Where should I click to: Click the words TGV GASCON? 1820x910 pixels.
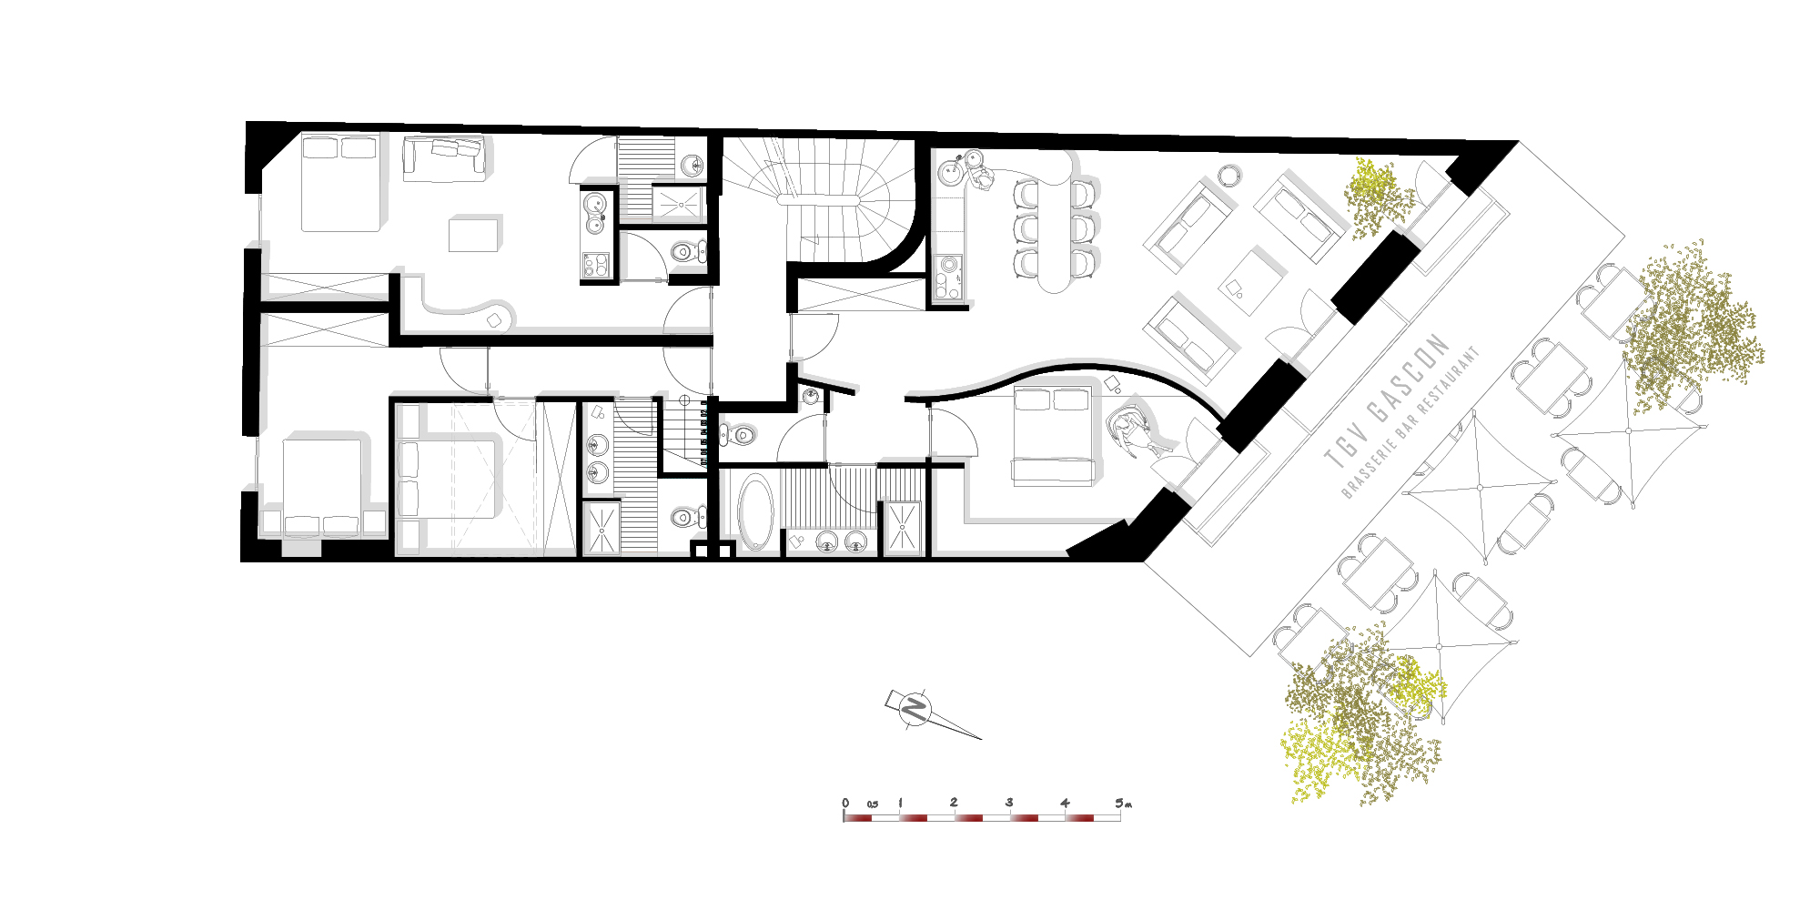click(1385, 400)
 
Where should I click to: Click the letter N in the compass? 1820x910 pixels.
click(915, 707)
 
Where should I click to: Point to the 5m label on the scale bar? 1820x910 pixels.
click(1123, 803)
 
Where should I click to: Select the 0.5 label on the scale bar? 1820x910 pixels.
click(873, 804)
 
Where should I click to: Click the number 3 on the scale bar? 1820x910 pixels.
click(1009, 803)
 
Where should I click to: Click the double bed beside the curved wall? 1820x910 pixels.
click(1053, 435)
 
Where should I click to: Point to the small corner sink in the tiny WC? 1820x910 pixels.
click(812, 396)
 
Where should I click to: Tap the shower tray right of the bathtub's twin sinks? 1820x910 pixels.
click(903, 528)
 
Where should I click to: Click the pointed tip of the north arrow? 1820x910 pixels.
click(982, 739)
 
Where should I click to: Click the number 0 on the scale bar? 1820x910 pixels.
click(845, 804)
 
